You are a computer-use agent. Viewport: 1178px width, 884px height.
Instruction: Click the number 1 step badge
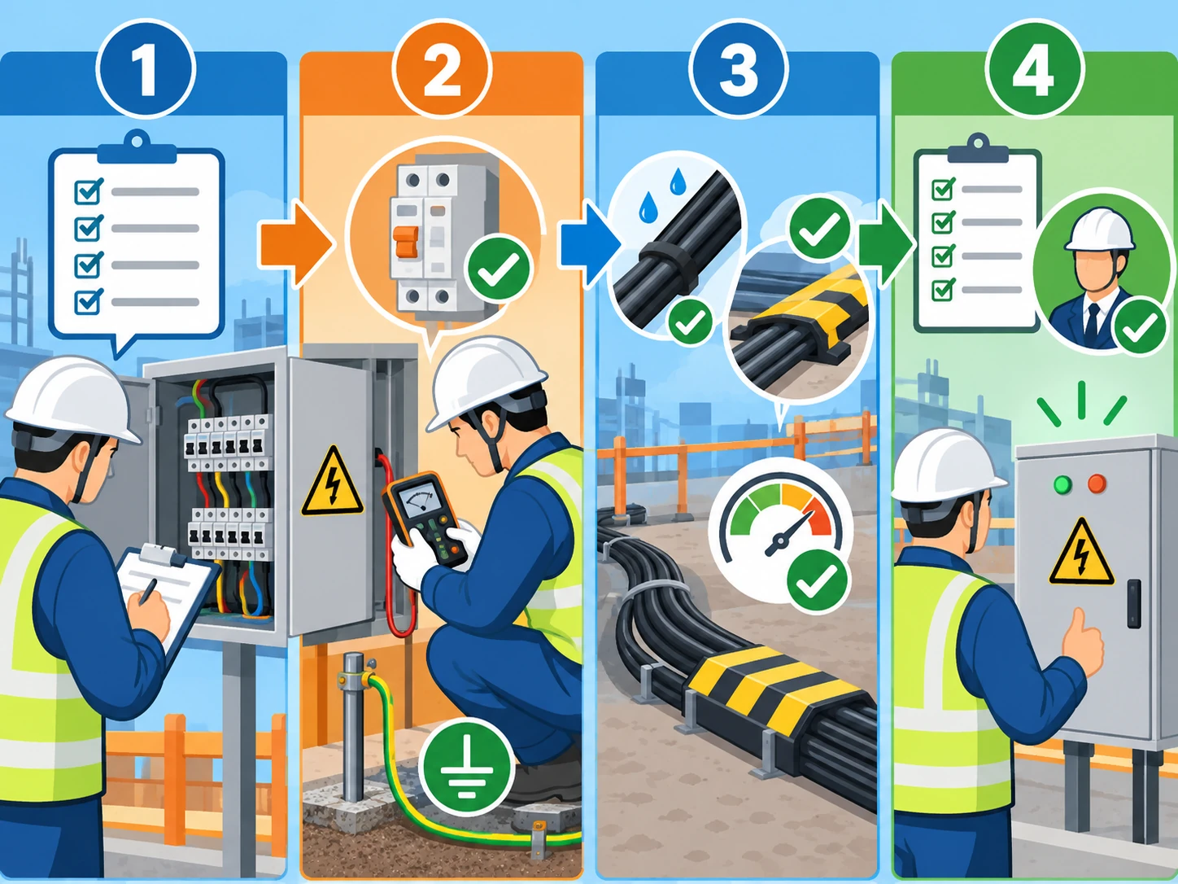click(146, 68)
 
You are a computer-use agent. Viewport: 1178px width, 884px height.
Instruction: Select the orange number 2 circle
click(442, 68)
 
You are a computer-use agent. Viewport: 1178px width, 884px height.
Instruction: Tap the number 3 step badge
click(738, 68)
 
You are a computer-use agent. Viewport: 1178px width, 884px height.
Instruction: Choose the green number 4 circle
click(1034, 68)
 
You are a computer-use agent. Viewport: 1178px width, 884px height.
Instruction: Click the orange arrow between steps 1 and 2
click(295, 245)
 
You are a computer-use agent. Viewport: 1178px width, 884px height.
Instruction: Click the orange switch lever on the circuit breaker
click(406, 242)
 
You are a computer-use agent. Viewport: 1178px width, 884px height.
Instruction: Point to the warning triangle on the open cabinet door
click(332, 481)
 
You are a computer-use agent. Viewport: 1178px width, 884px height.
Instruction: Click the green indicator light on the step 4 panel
click(1062, 484)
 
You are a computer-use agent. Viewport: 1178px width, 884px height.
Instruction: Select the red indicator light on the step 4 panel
click(1097, 484)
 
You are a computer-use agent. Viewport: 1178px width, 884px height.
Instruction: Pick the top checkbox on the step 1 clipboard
click(88, 190)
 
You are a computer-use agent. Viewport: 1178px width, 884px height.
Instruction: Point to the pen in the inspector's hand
click(148, 592)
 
